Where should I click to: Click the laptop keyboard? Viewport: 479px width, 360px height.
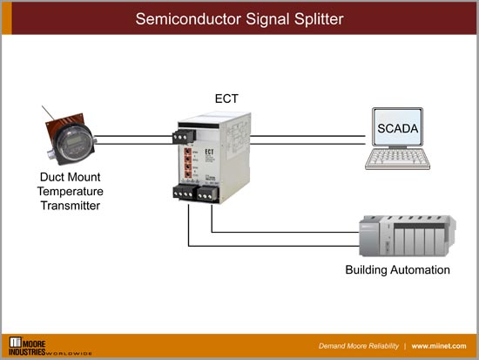click(397, 160)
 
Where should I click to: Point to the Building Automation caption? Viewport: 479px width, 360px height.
click(397, 269)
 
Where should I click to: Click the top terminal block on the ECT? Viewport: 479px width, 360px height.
click(184, 135)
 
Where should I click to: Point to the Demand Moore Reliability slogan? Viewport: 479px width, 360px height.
click(350, 346)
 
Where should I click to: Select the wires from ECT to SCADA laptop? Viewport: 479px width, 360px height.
click(305, 138)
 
